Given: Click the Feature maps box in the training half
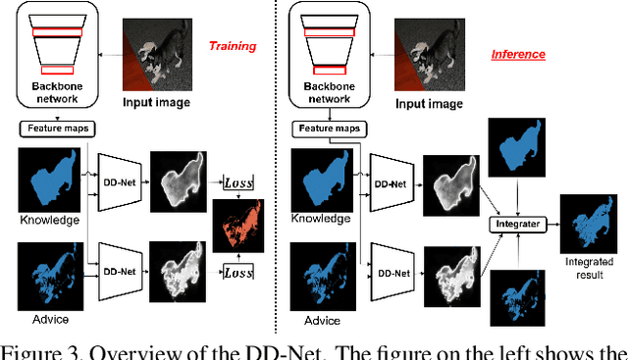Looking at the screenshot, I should (x=54, y=128).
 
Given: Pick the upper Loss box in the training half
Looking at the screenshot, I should (x=238, y=182).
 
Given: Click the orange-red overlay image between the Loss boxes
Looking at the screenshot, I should (x=245, y=226).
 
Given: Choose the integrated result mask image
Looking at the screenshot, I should (x=586, y=222).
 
